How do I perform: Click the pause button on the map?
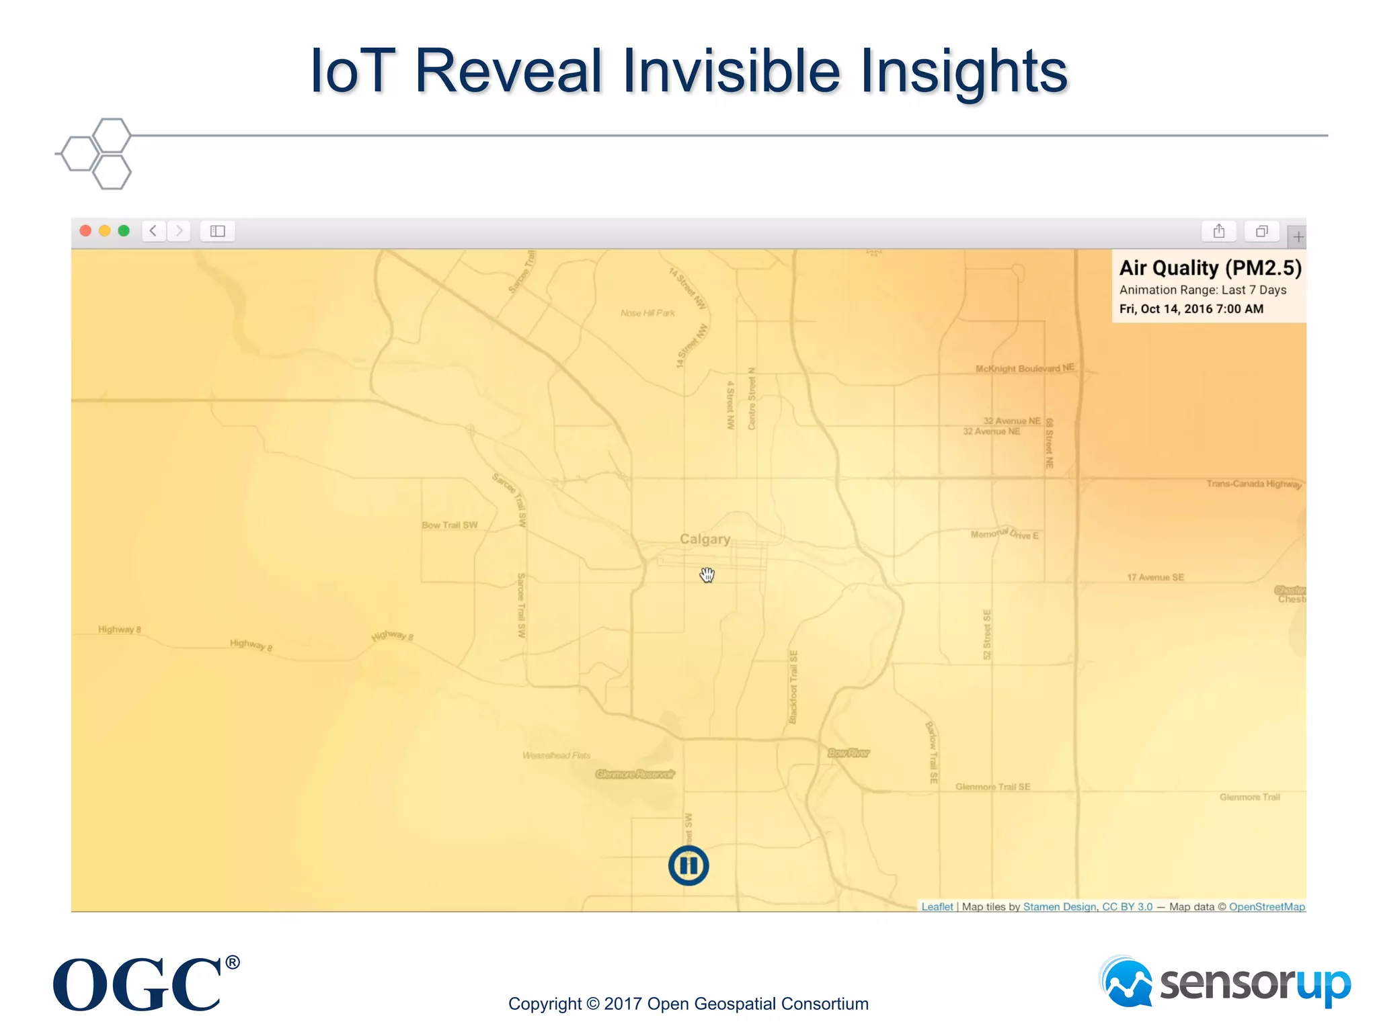pyautogui.click(x=688, y=865)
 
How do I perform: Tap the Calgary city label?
pyautogui.click(x=705, y=539)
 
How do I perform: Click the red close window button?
pyautogui.click(x=85, y=231)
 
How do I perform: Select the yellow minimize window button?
pyautogui.click(x=104, y=231)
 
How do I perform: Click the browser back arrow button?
pyautogui.click(x=153, y=231)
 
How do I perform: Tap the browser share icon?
pyautogui.click(x=1218, y=231)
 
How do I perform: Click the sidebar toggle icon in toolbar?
pyautogui.click(x=217, y=231)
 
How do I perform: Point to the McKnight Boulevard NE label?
pyautogui.click(x=1025, y=368)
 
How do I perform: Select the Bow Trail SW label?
pyautogui.click(x=450, y=525)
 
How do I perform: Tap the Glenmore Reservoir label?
pyautogui.click(x=635, y=774)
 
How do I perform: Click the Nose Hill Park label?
pyautogui.click(x=647, y=313)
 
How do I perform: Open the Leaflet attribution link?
pyautogui.click(x=937, y=906)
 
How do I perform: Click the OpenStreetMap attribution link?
pyautogui.click(x=1267, y=906)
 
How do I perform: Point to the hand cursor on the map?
pyautogui.click(x=707, y=574)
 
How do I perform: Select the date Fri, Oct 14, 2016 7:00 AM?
pyautogui.click(x=1191, y=309)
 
